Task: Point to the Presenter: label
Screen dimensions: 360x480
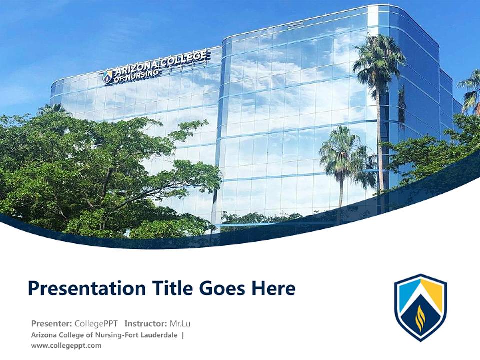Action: [51, 323]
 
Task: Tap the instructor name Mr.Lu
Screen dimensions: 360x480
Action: [180, 323]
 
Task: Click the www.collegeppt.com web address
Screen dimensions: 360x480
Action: [66, 345]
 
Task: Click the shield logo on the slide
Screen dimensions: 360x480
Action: [420, 307]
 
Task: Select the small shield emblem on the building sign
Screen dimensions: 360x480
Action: [108, 76]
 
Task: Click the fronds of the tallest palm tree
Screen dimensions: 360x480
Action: [378, 57]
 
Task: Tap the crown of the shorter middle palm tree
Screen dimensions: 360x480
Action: [342, 150]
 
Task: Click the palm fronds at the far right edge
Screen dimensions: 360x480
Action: [471, 90]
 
